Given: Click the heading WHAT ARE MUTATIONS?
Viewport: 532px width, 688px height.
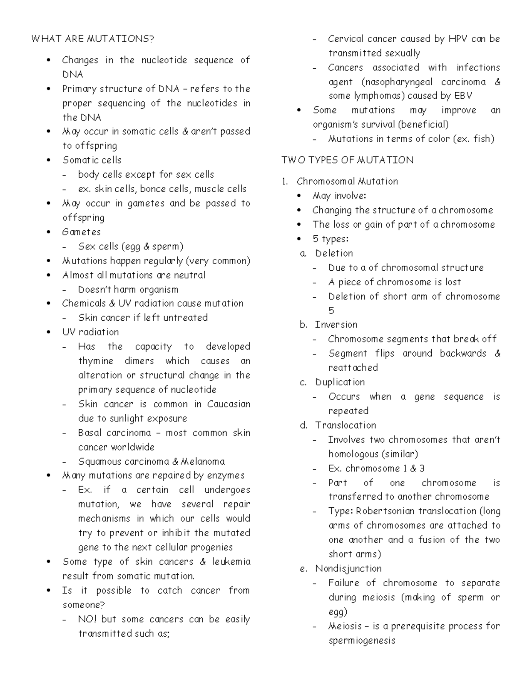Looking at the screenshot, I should (x=93, y=39).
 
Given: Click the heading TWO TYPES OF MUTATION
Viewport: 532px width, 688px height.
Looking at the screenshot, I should (x=347, y=160).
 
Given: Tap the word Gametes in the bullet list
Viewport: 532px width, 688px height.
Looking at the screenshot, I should (x=82, y=232).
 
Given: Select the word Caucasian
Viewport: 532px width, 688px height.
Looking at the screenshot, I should (x=229, y=404).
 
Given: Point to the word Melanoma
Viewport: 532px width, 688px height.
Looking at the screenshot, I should (x=203, y=462).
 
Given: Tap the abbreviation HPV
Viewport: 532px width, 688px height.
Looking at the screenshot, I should (x=458, y=39).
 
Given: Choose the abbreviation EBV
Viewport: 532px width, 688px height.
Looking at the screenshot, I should (x=463, y=96).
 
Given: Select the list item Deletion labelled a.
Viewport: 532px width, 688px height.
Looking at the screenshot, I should (x=334, y=253).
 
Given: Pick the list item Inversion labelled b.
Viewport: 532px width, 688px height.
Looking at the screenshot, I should (x=336, y=325).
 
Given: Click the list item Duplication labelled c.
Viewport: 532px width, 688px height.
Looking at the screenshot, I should (x=340, y=382).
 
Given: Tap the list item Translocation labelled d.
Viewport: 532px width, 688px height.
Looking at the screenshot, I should (x=345, y=425).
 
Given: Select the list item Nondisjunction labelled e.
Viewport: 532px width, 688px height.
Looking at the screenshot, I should (x=348, y=569).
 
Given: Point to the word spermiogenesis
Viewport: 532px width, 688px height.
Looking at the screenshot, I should (x=362, y=641).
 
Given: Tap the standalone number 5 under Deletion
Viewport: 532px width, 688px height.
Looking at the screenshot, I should (x=331, y=311).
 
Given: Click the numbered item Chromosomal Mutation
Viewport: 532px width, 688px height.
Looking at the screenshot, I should (x=347, y=181).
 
